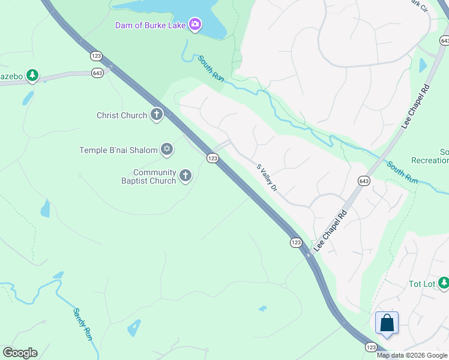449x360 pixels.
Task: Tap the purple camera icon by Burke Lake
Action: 195,25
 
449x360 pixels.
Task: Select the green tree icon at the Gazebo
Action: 32,76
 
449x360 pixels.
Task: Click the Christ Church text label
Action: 122,115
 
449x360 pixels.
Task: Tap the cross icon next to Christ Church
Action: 157,115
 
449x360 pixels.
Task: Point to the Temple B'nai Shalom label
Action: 118,150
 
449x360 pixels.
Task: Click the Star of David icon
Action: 167,149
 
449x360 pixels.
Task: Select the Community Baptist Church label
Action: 154,176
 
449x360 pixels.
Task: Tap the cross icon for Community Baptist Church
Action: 185,176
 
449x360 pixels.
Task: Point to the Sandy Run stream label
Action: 82,324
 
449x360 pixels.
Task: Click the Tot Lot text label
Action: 421,283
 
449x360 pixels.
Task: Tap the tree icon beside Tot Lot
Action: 443,283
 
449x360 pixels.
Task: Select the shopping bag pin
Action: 387,323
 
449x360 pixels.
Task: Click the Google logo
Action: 20,353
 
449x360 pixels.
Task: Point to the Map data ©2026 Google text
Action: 412,355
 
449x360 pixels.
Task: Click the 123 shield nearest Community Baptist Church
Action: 212,158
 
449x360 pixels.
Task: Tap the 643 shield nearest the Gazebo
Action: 97,73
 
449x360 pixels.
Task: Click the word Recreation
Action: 430,160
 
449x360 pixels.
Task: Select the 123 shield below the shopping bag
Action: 371,347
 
